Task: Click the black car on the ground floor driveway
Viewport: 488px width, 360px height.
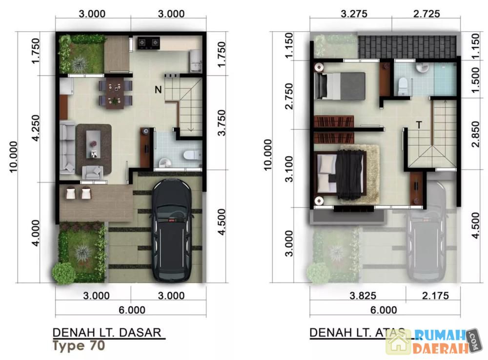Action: [x=172, y=230]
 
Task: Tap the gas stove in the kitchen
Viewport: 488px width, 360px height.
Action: [x=148, y=43]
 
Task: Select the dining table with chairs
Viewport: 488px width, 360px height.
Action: [x=116, y=93]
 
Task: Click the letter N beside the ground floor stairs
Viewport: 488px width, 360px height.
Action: [x=158, y=90]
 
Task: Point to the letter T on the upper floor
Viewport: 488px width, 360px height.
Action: [x=419, y=125]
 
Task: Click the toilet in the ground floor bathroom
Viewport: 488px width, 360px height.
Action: [x=192, y=155]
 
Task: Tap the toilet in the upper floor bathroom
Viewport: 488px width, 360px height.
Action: [x=403, y=86]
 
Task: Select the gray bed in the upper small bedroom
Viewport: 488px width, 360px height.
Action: [x=340, y=86]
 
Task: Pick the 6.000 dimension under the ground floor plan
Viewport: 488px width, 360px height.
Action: [x=132, y=310]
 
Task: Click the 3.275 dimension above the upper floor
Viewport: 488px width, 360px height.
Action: [x=354, y=14]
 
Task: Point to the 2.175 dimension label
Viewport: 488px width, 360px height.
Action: [x=435, y=295]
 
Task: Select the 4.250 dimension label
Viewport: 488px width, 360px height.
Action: [x=36, y=128]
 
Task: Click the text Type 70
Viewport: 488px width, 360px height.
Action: [x=79, y=346]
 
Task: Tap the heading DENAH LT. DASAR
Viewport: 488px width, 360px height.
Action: [x=107, y=332]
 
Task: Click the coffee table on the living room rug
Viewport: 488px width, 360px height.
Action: [x=93, y=144]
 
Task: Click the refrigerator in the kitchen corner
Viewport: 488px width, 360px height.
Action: [x=196, y=60]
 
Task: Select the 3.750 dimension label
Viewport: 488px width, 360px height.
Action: [x=222, y=122]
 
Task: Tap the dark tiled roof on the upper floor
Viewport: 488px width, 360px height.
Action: [x=407, y=47]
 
